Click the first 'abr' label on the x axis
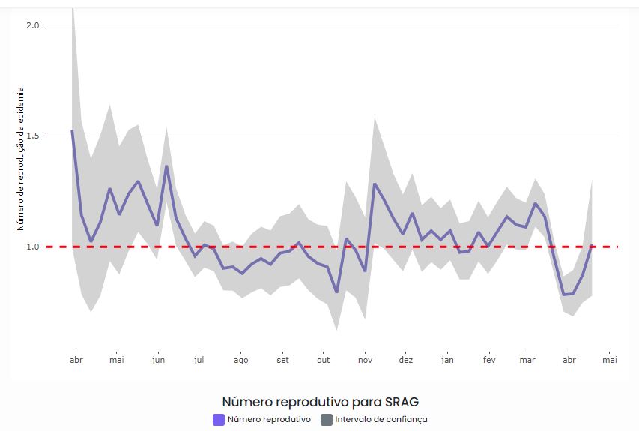(76, 360)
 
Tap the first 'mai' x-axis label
(116, 360)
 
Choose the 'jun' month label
(157, 360)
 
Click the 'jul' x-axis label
(199, 360)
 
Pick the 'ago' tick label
(240, 360)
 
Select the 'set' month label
(282, 360)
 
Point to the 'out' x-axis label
(323, 360)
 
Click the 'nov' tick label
(365, 360)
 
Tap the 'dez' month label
(405, 360)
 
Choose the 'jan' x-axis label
(447, 360)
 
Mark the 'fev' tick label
(488, 360)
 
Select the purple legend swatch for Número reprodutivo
(218, 420)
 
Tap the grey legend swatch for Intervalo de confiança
(326, 420)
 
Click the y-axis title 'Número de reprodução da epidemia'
(21, 158)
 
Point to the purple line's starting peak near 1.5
(72, 131)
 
